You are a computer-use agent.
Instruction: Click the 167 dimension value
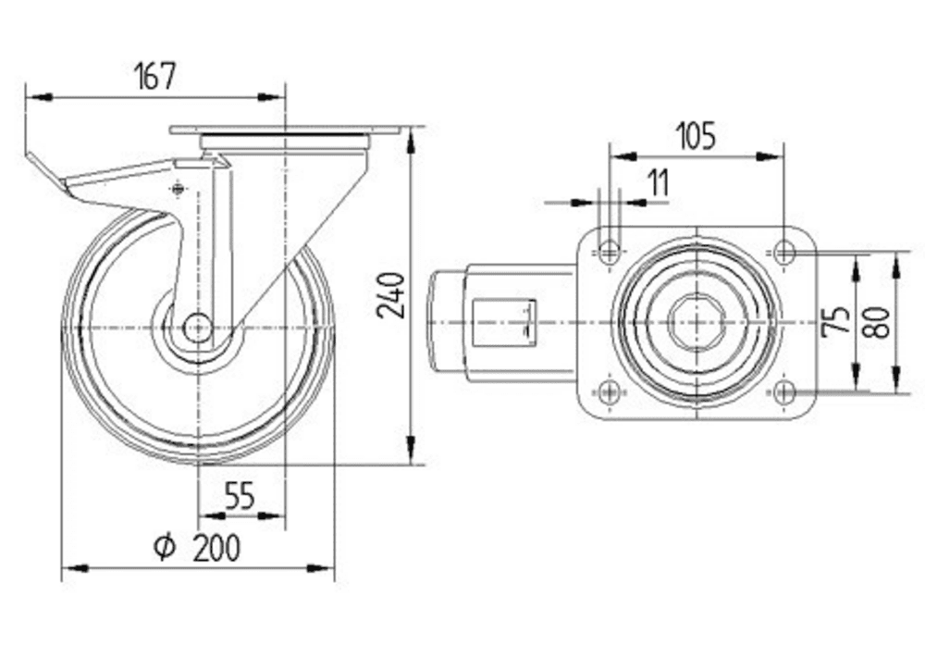tap(155, 76)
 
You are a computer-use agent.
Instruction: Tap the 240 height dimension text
tap(392, 295)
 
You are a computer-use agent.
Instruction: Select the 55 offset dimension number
tap(240, 497)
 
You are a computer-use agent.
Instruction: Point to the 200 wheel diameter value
tap(216, 548)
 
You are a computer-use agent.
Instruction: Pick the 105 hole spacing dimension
tap(696, 136)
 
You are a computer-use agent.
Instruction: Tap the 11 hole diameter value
tap(658, 183)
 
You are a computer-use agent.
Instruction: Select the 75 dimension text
tap(836, 321)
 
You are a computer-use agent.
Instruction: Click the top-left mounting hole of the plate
tap(610, 251)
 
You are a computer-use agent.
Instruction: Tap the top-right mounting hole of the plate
tap(784, 251)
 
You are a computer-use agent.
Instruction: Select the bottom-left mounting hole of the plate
tap(610, 391)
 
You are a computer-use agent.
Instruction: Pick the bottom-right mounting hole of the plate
tap(784, 391)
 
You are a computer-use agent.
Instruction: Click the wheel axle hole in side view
tap(197, 327)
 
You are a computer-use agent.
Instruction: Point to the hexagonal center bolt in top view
tap(696, 321)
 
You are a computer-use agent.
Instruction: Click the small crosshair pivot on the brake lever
tap(179, 190)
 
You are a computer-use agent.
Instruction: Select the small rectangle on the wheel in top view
tap(504, 321)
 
